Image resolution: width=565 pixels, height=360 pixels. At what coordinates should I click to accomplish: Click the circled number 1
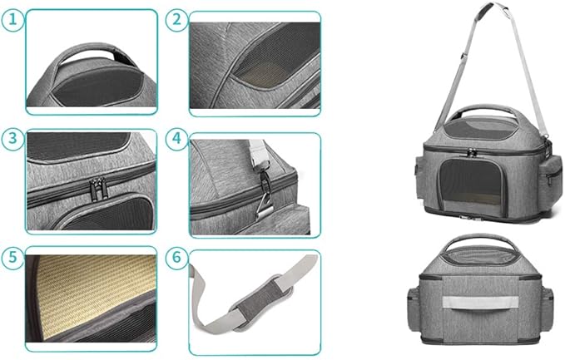(x=12, y=21)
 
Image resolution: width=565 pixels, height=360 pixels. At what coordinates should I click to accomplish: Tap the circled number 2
(x=176, y=21)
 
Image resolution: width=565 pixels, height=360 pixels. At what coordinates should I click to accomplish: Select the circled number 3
(x=12, y=140)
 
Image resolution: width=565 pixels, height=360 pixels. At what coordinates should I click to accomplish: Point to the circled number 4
(x=176, y=140)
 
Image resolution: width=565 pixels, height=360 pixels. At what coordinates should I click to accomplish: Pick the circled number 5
(x=12, y=257)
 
